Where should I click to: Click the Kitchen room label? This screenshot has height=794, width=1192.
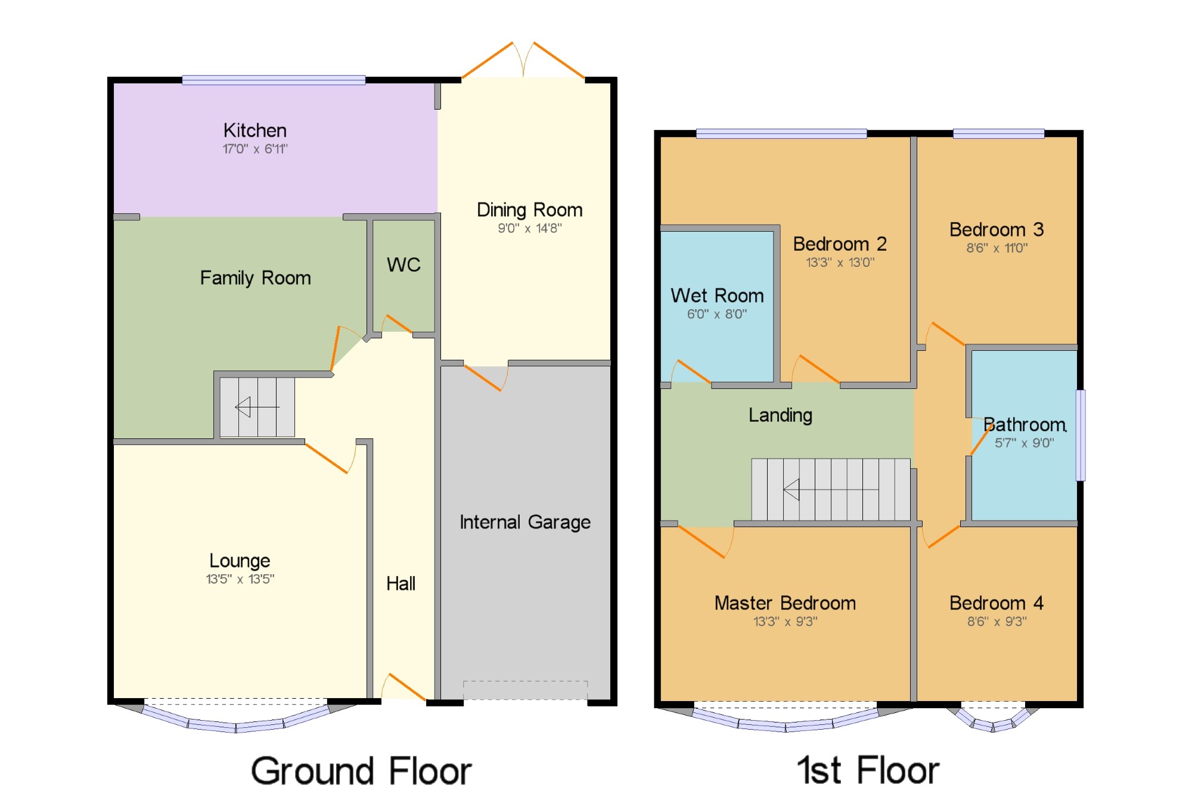pyautogui.click(x=255, y=130)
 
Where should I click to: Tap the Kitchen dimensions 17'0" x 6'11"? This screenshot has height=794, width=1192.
pyautogui.click(x=255, y=149)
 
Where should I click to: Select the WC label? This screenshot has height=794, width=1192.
pyautogui.click(x=403, y=264)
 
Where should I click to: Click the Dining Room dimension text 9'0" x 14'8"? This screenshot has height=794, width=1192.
pyautogui.click(x=530, y=228)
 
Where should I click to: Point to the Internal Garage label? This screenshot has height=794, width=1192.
pyautogui.click(x=525, y=522)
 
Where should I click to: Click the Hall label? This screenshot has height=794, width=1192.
pyautogui.click(x=401, y=584)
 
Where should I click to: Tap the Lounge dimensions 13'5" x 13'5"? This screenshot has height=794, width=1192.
pyautogui.click(x=240, y=579)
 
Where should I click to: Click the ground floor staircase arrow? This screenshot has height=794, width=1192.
pyautogui.click(x=257, y=407)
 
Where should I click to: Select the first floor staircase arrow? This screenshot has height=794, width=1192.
pyautogui.click(x=830, y=490)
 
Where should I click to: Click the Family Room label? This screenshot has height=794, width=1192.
pyautogui.click(x=255, y=278)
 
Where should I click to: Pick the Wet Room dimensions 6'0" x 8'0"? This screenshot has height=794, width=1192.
pyautogui.click(x=717, y=314)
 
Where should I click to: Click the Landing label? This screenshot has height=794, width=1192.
pyautogui.click(x=780, y=415)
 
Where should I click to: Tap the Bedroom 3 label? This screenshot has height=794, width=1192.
pyautogui.click(x=997, y=230)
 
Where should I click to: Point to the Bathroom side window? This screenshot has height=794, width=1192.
pyautogui.click(x=1081, y=435)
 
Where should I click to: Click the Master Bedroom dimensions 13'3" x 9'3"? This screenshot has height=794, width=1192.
pyautogui.click(x=786, y=622)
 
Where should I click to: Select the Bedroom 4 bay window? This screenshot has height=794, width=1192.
pyautogui.click(x=993, y=720)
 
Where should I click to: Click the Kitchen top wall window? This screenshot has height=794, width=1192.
pyautogui.click(x=274, y=80)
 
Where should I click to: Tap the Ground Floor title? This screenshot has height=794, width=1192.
pyautogui.click(x=361, y=771)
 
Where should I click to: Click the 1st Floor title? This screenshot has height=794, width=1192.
pyautogui.click(x=868, y=770)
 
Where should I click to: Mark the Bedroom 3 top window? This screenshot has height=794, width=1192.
pyautogui.click(x=999, y=133)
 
